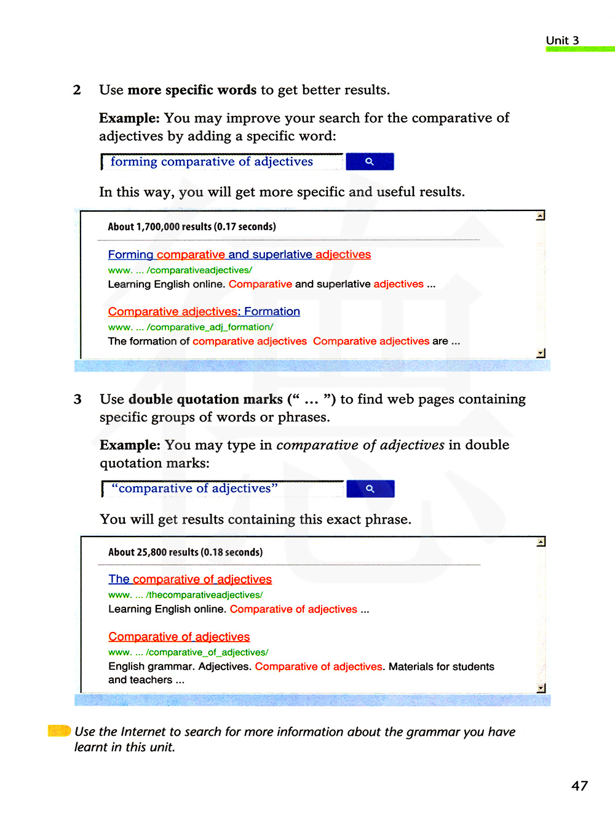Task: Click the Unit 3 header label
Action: click(562, 41)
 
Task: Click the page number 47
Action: click(579, 786)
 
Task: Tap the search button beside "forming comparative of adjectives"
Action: click(370, 161)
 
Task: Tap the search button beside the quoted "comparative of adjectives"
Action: click(370, 489)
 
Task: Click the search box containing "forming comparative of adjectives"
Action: click(221, 162)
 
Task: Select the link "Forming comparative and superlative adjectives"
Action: click(239, 255)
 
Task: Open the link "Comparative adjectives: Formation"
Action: click(204, 311)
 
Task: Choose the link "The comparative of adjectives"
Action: click(190, 579)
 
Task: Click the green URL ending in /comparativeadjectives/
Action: click(180, 270)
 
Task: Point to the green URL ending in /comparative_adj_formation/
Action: click(191, 327)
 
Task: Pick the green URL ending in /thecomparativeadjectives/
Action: click(186, 595)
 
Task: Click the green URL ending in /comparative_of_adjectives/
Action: click(188, 652)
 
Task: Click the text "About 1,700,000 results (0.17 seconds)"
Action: click(192, 226)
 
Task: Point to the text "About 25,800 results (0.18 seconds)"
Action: click(185, 552)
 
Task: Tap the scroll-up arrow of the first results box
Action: click(541, 216)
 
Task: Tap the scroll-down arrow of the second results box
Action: click(541, 688)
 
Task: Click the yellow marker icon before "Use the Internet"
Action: click(60, 731)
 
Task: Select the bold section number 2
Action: click(77, 90)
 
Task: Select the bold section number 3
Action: click(77, 399)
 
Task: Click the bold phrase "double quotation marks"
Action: click(205, 399)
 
